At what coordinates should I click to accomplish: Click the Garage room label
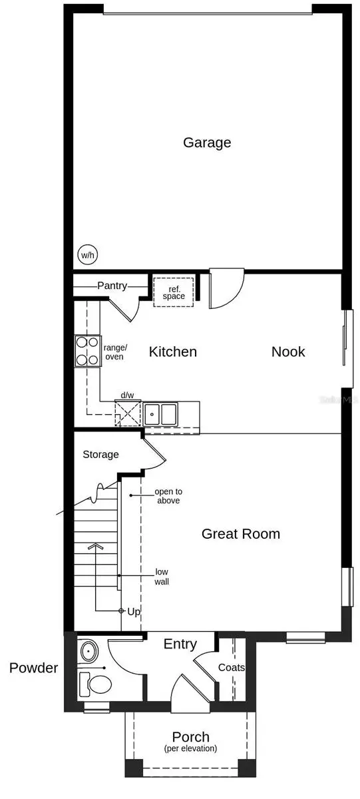point(207,142)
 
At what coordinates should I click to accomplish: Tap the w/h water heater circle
point(87,255)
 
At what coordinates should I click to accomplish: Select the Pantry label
point(112,286)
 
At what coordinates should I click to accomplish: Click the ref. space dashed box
point(174,292)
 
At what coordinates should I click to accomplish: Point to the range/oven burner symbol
point(87,351)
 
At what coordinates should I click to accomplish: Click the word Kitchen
point(172,352)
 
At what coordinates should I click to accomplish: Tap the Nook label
point(288,352)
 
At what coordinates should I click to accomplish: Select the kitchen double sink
point(160,413)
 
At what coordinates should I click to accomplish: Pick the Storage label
point(100,455)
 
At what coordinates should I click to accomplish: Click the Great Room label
point(241,533)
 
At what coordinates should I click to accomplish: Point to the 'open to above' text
point(167,496)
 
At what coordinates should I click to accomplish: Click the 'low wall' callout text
point(162,577)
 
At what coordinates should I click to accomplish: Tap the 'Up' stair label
point(133,611)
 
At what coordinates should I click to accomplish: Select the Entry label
point(180,644)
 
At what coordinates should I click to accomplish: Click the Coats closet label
point(232,667)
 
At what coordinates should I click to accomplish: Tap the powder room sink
point(87,650)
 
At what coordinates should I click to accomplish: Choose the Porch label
point(191,737)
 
